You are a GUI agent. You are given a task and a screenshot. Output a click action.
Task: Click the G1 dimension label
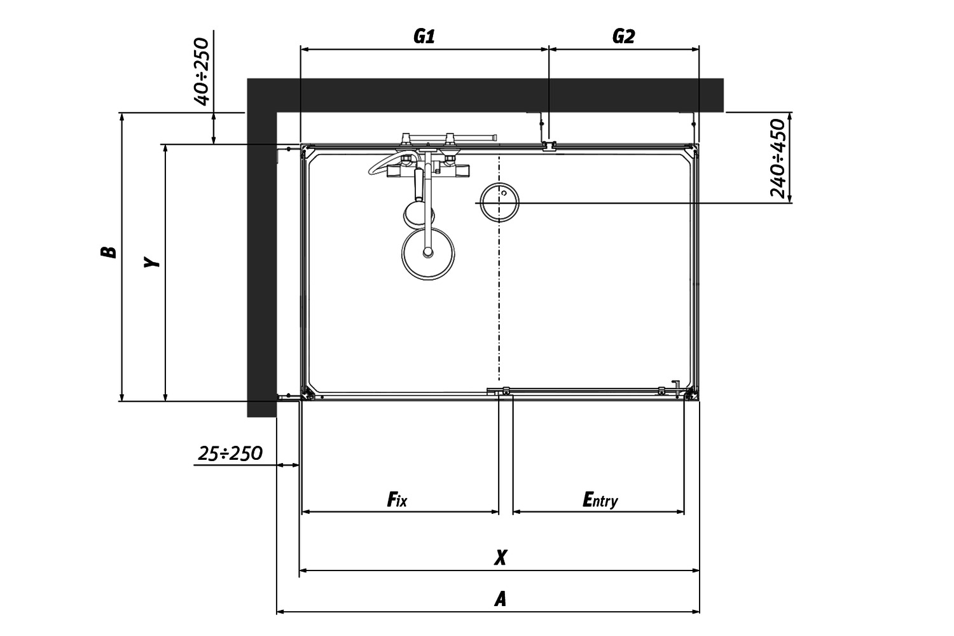click(x=424, y=37)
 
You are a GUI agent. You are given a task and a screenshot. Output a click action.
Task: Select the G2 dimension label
click(x=623, y=37)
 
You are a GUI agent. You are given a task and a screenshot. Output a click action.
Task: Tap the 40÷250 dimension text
click(x=202, y=72)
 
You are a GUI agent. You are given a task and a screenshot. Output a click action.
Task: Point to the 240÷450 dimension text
click(x=778, y=158)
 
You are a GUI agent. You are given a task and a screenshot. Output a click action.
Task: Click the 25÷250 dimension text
click(x=230, y=453)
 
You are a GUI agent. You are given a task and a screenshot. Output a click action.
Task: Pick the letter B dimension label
click(x=108, y=252)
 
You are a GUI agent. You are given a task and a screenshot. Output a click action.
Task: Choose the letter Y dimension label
click(x=151, y=261)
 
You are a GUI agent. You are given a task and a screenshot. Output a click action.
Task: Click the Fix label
click(x=397, y=499)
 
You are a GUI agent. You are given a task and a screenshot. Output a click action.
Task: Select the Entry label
click(x=600, y=500)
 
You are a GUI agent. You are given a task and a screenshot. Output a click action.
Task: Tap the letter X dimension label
click(x=501, y=557)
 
